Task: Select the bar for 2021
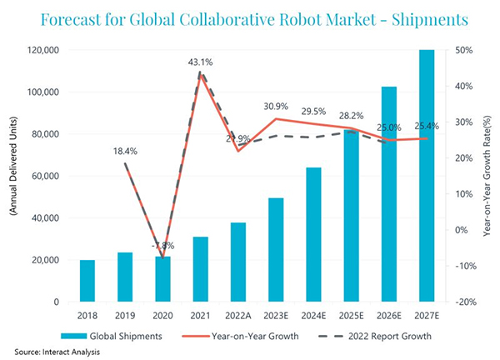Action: (x=201, y=269)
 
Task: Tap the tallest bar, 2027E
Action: (x=427, y=176)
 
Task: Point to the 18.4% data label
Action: (x=125, y=151)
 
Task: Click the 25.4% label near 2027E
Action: (x=424, y=126)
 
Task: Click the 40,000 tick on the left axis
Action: (x=43, y=218)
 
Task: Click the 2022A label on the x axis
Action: (x=238, y=317)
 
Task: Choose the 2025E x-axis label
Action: (x=351, y=317)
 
